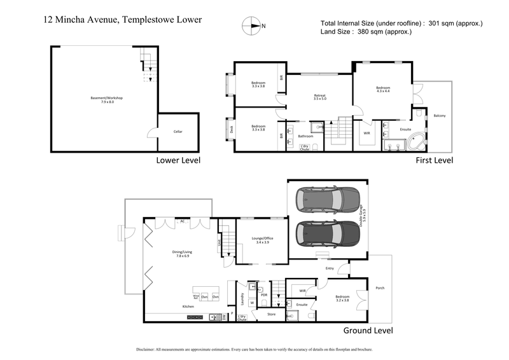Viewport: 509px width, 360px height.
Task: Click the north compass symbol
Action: [x=253, y=27]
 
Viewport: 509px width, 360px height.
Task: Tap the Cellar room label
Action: [x=178, y=132]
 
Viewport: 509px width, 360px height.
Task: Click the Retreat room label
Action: [x=319, y=95]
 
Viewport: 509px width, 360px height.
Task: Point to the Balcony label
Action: [x=440, y=115]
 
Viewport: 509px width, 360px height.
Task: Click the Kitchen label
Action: [x=188, y=307]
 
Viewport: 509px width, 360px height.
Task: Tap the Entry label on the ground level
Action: [x=330, y=268]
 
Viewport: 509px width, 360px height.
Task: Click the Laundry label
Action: [x=242, y=298]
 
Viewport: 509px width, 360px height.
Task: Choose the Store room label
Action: [x=271, y=314]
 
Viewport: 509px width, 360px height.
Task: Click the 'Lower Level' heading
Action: [x=178, y=161]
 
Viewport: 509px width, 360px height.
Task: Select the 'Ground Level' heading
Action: [x=368, y=331]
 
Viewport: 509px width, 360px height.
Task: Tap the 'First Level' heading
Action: [x=434, y=161]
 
